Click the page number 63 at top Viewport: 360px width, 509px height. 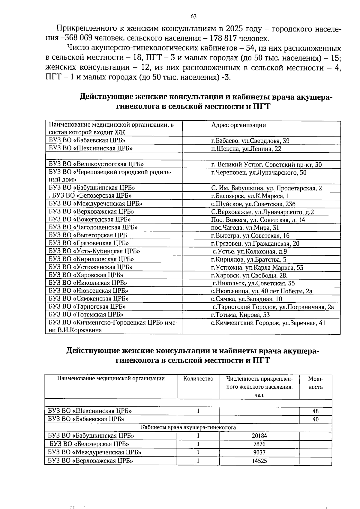(x=193, y=16)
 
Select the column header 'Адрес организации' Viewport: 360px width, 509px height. (x=238, y=125)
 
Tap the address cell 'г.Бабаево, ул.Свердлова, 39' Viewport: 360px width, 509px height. (x=250, y=141)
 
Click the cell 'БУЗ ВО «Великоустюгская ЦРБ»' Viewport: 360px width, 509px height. (x=96, y=164)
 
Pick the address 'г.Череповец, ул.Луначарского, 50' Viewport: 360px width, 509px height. (x=259, y=173)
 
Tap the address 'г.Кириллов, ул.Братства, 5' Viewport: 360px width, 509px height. (x=249, y=260)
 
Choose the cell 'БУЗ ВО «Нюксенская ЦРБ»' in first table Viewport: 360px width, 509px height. (x=89, y=291)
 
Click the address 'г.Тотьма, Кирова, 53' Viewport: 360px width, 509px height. (x=241, y=315)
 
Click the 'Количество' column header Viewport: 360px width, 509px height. (x=198, y=379)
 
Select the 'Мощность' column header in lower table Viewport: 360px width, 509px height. (x=315, y=383)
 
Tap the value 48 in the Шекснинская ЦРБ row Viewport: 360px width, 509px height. (x=315, y=411)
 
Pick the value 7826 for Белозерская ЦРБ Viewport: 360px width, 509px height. (x=259, y=444)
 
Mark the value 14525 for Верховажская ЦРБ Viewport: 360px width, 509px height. (x=259, y=461)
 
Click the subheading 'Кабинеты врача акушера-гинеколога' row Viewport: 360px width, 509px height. (x=188, y=427)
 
